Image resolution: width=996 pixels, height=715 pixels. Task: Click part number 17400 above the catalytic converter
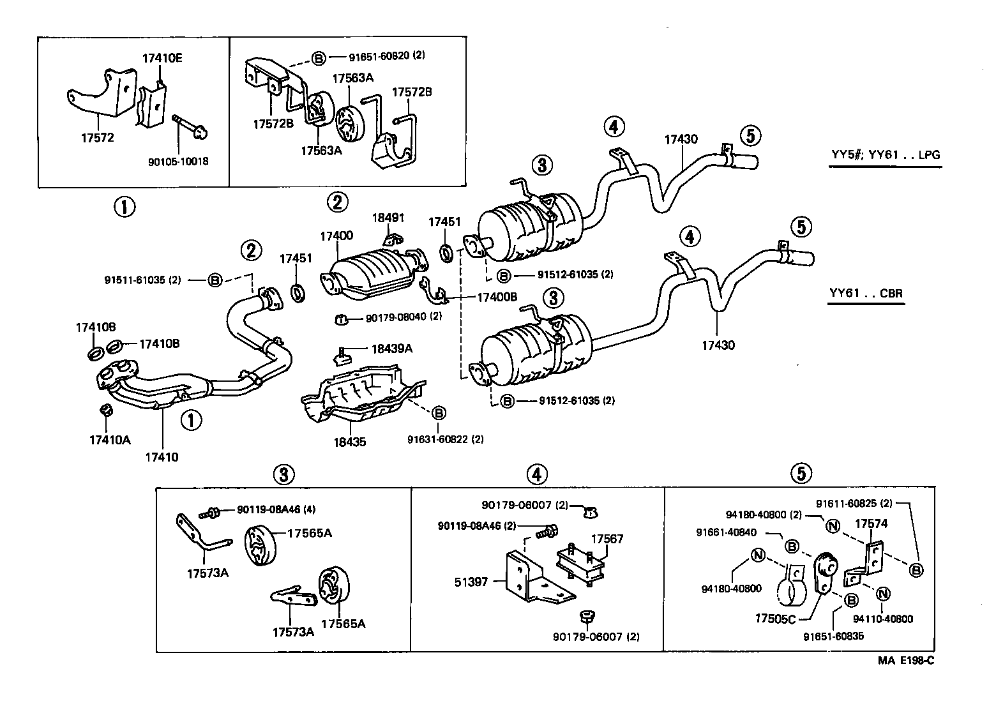pos(336,236)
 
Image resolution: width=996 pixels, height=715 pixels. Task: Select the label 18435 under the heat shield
pos(349,441)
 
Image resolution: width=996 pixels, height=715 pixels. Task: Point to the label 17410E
pos(162,58)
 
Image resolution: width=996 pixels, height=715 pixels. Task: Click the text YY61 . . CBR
pos(866,294)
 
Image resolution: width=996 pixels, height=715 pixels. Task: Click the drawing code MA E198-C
pos(905,661)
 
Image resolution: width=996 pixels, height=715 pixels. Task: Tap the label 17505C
pos(775,619)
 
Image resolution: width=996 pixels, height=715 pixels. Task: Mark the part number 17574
pos(871,523)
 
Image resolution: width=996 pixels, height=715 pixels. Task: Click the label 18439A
pos(392,349)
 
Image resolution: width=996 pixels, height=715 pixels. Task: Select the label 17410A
pos(110,440)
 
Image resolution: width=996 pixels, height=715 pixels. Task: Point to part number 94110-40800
pos(883,619)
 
